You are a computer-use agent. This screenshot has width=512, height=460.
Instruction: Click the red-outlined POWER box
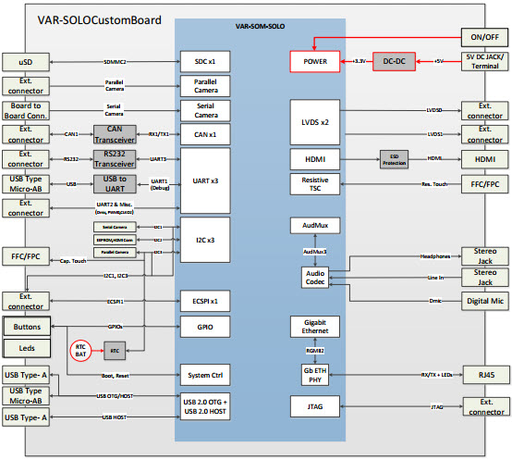point(315,61)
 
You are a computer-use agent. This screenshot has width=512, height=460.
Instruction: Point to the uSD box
point(29,61)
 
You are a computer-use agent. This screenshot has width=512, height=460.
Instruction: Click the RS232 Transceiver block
point(116,158)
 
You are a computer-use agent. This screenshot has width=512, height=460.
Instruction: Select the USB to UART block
point(116,182)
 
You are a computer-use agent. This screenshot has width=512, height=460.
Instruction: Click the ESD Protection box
point(393,158)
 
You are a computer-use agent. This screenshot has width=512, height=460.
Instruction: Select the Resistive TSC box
point(315,182)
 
